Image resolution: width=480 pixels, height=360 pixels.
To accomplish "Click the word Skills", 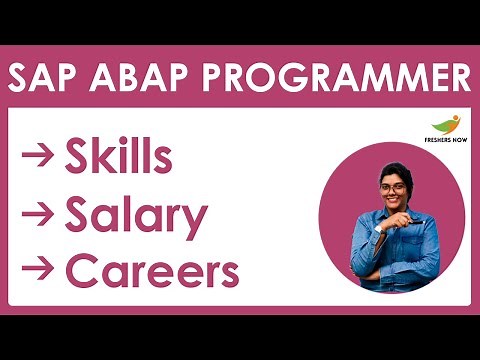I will coord(118,157).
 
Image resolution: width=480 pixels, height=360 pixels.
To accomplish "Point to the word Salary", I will coord(135,214).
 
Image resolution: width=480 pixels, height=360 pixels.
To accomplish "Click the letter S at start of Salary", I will coord(77,214).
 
